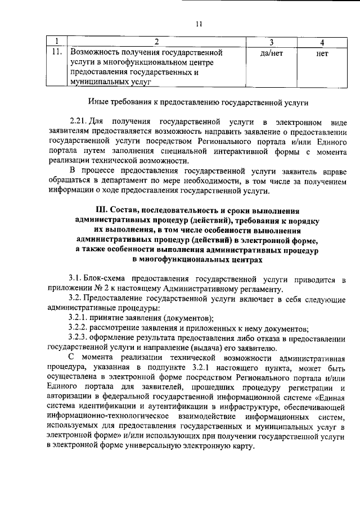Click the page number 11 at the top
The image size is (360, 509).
(198, 24)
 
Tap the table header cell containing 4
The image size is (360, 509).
(321, 42)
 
